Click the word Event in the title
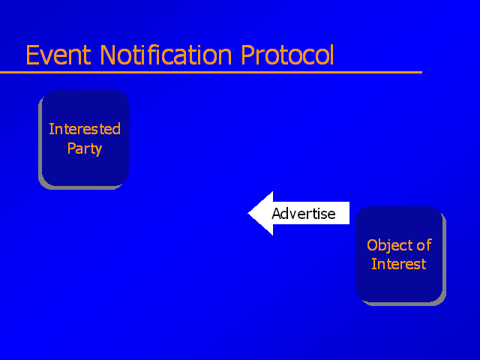pos(58,55)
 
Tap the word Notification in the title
pos(166,55)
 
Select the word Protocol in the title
pos(287,55)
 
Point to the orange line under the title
pos(211,73)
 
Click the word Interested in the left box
pos(85,129)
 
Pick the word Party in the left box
pos(85,149)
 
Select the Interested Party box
pos(83,139)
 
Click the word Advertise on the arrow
pos(303,213)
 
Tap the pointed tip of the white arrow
pos(248,213)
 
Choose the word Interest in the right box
pos(398,264)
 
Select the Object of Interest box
pos(400,256)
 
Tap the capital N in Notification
pos(108,55)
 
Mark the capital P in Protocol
pos(247,55)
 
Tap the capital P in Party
pos(71,148)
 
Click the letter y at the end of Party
pos(98,151)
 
